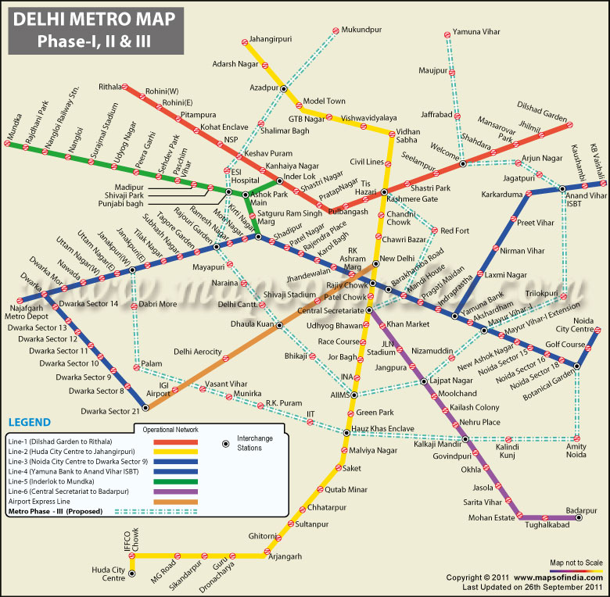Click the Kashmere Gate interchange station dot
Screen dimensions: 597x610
click(x=384, y=192)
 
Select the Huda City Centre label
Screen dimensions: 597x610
click(x=108, y=574)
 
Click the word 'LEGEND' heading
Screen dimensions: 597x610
click(x=29, y=422)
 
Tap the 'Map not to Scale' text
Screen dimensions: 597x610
click(x=576, y=563)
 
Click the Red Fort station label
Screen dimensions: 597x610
click(x=454, y=231)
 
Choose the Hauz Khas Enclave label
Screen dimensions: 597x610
click(x=382, y=429)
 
